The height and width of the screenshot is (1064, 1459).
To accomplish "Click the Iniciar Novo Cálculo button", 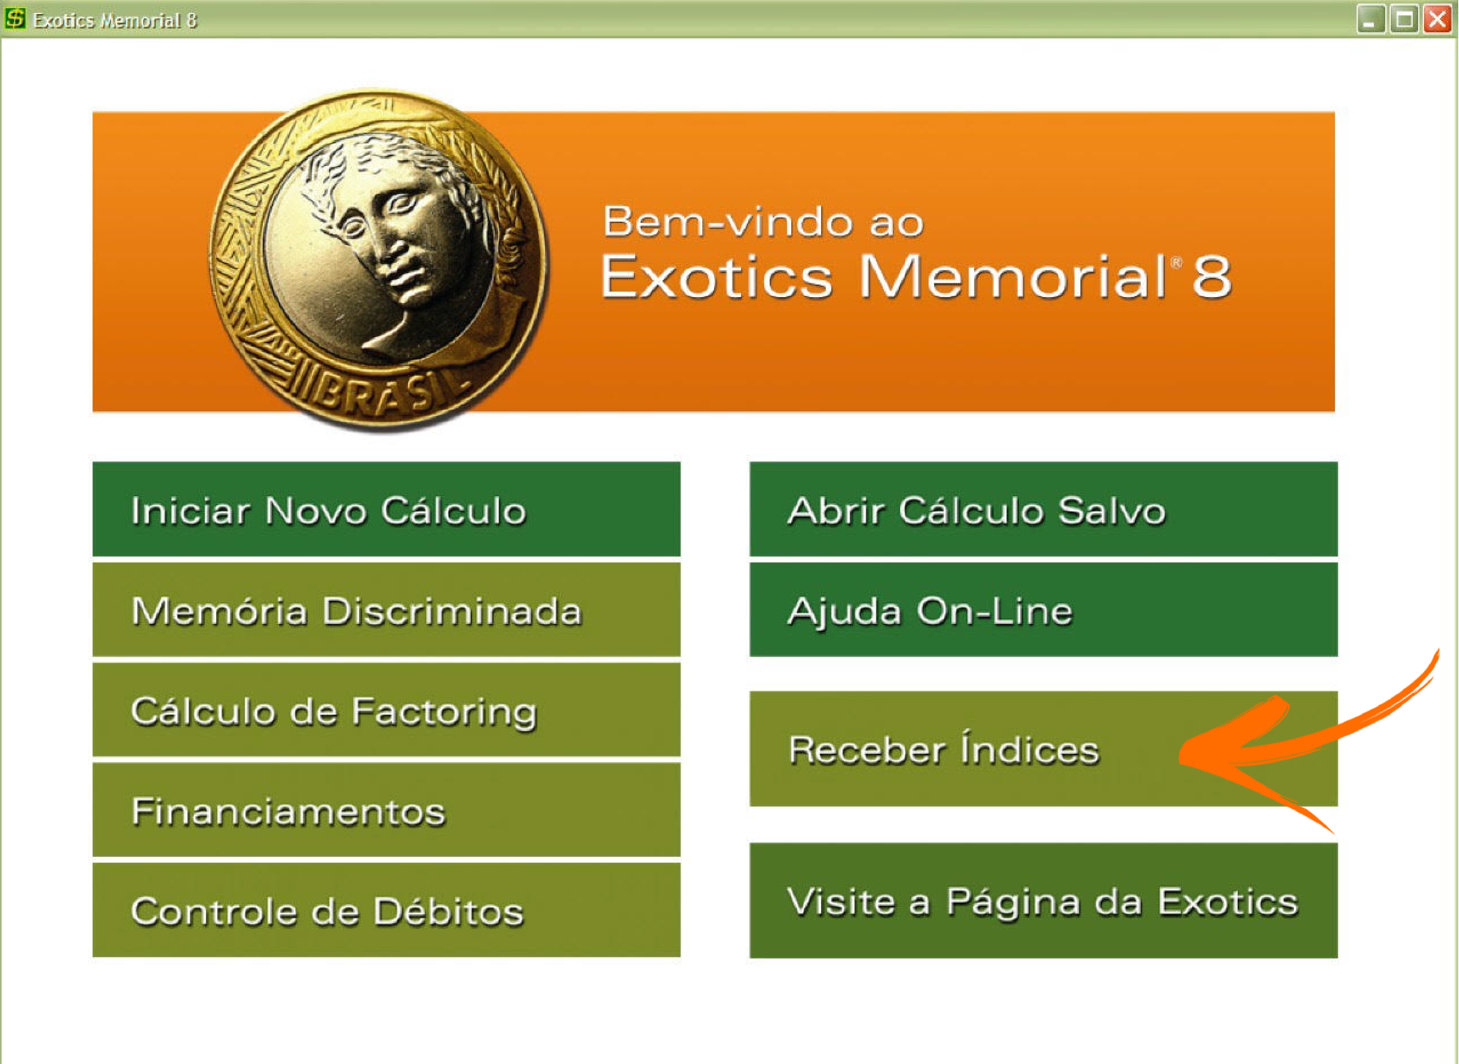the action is point(386,509).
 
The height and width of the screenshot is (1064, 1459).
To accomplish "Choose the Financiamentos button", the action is point(386,810).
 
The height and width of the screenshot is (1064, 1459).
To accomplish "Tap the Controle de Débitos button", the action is point(386,910).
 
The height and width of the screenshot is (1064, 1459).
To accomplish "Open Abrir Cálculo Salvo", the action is point(1044,509).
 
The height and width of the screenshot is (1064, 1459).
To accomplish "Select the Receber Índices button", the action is point(1044,748).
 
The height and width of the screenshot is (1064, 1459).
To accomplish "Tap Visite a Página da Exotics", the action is point(1044,900).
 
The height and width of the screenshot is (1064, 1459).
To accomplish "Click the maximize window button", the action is point(1404,19).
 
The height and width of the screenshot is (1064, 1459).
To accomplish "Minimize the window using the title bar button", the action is point(1371,19).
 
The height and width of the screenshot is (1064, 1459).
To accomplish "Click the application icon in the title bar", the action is point(15,19).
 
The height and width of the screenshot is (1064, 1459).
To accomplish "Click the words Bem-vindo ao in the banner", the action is point(763,222).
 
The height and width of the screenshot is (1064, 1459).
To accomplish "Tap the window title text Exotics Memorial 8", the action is point(115,21).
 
